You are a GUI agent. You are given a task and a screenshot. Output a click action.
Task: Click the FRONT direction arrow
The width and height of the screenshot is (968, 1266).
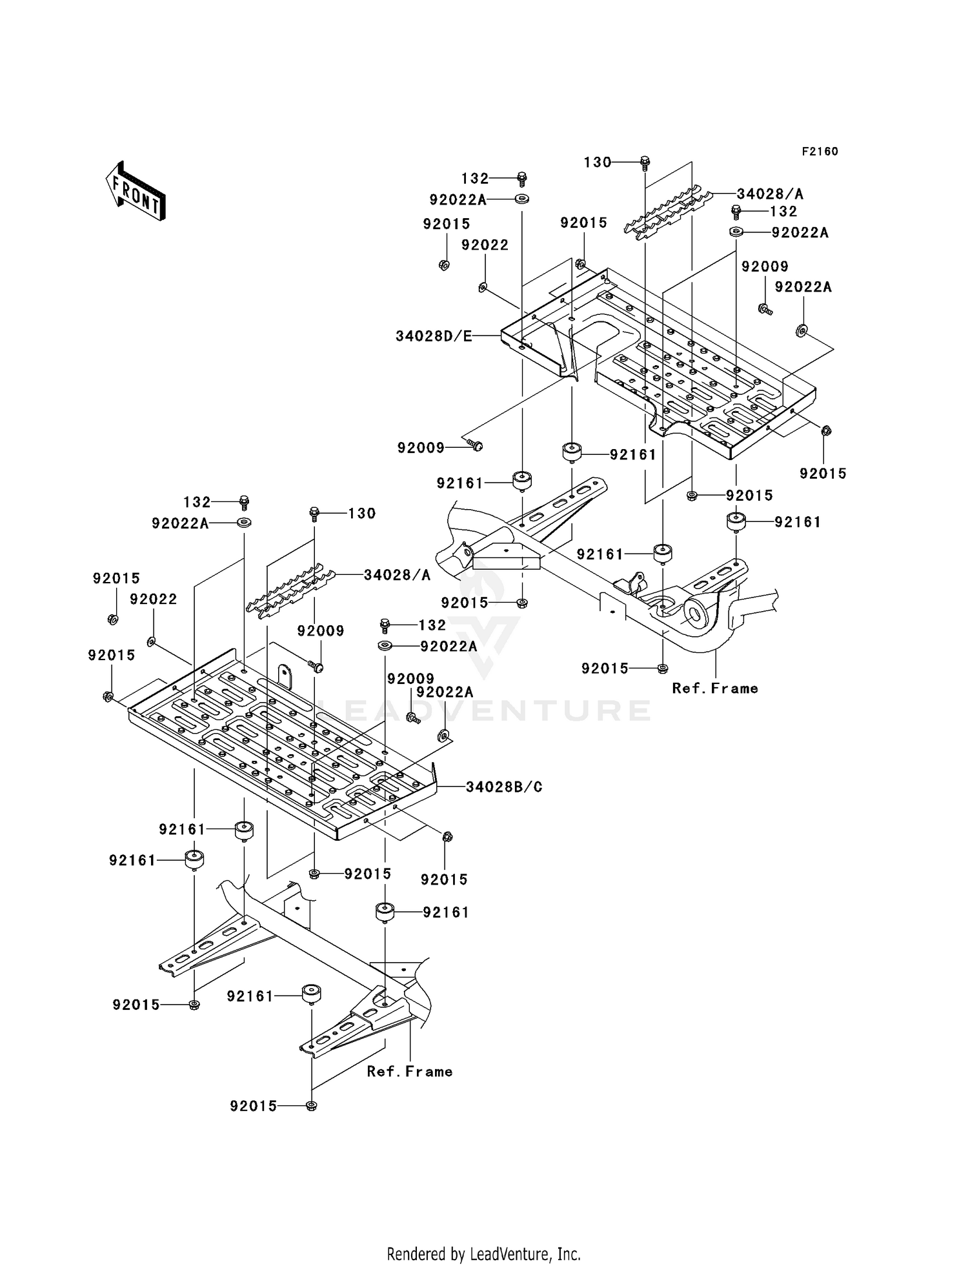[135, 192]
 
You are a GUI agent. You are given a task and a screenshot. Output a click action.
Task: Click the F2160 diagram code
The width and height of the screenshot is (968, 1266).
[820, 151]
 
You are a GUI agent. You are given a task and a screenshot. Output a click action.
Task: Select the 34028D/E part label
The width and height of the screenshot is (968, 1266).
[434, 336]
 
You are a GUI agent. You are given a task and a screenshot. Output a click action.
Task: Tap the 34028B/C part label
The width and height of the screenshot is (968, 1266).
[504, 787]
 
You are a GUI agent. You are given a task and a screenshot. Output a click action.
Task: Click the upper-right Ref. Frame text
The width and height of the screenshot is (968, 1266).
[714, 688]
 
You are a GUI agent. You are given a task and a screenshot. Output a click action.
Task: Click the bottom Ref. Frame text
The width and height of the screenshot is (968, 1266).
[409, 1071]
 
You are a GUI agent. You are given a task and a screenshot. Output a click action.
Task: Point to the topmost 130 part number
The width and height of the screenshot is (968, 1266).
[597, 162]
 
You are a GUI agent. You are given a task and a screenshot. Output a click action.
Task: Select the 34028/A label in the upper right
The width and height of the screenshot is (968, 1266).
[770, 193]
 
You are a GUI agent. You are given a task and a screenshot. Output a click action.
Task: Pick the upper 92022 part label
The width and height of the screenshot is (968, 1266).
[485, 245]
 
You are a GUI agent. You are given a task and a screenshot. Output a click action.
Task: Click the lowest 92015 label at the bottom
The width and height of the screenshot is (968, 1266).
[253, 1106]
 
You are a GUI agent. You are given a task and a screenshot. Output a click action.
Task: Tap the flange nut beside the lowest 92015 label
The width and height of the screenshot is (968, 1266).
[312, 1105]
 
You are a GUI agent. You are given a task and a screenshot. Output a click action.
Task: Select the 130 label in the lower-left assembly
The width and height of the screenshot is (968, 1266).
[361, 513]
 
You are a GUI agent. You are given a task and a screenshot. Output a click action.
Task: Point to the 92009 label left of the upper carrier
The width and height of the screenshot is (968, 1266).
[421, 448]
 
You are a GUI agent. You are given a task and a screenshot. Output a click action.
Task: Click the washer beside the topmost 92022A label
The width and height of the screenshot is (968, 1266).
[522, 199]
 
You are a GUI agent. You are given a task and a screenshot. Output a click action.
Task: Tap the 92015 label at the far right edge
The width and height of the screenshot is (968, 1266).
[823, 473]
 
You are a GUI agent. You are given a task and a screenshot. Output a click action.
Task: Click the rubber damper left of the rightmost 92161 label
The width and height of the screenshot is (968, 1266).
[736, 521]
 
